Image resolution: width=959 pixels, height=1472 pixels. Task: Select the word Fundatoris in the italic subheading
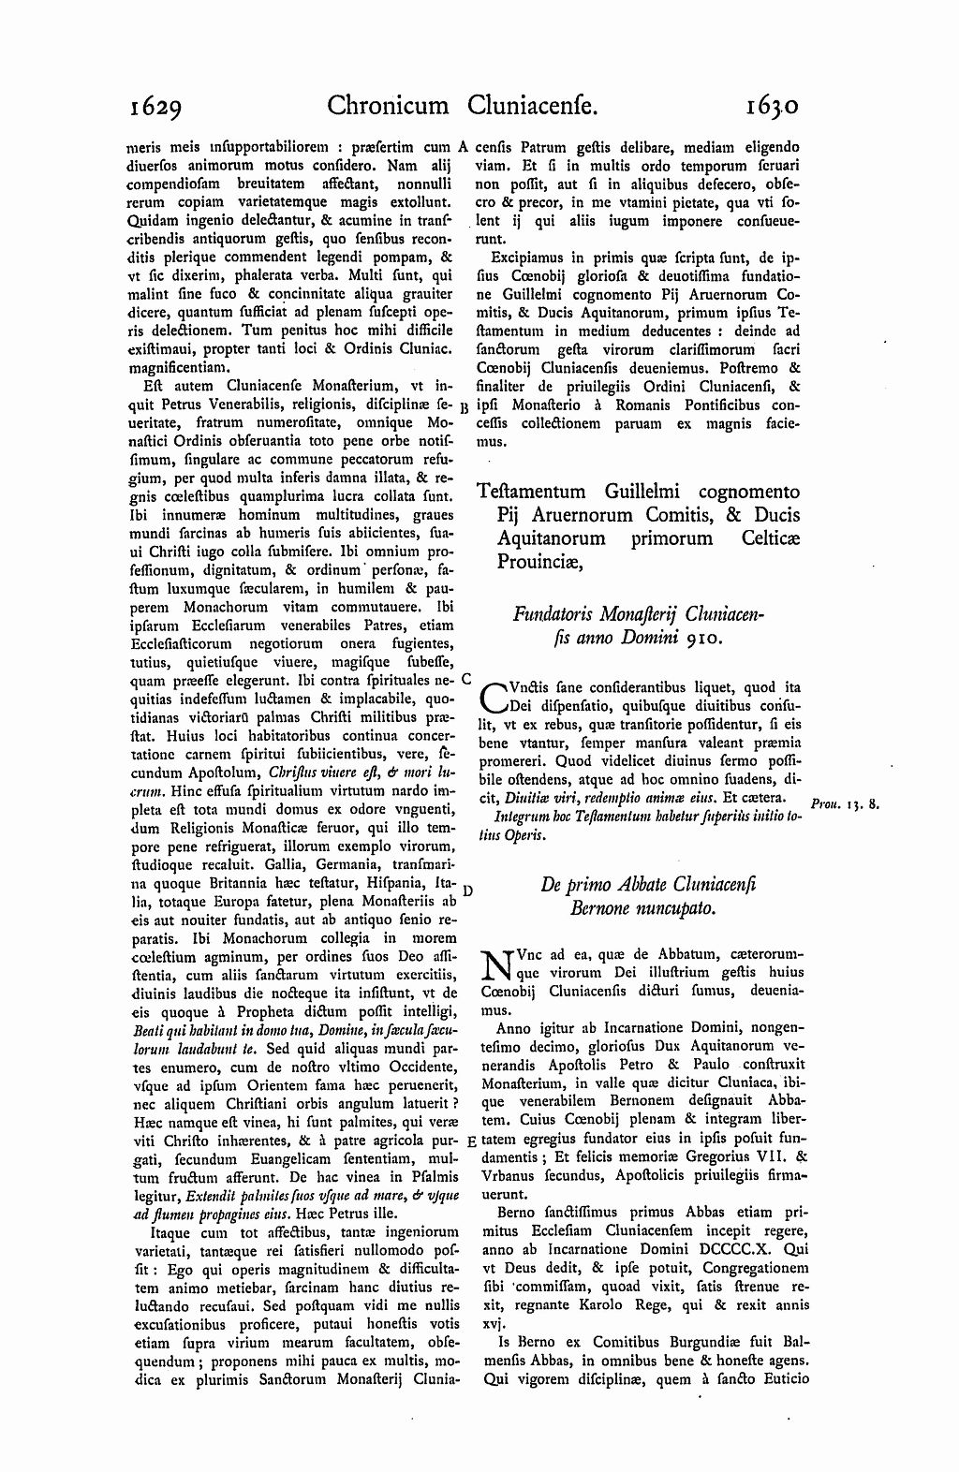[x=553, y=615]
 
